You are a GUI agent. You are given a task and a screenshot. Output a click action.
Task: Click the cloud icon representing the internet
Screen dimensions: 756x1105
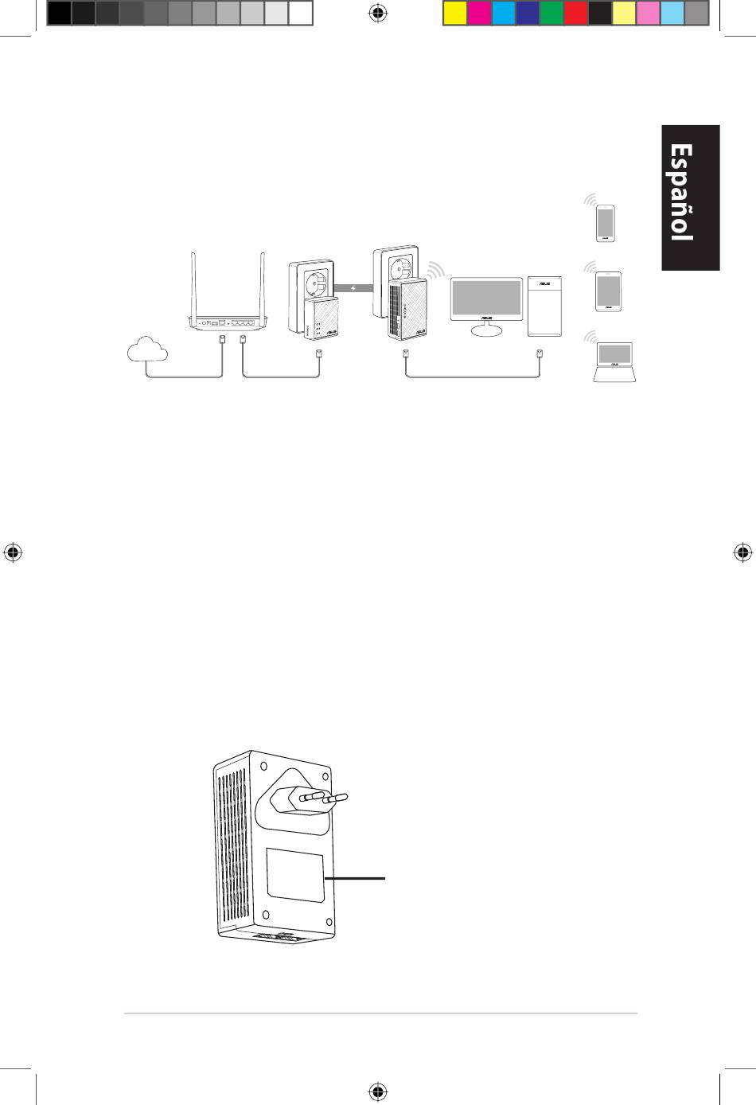point(147,349)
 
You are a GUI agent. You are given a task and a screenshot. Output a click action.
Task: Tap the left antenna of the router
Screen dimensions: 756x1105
point(194,285)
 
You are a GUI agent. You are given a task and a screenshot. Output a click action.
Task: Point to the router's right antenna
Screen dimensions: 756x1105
point(263,285)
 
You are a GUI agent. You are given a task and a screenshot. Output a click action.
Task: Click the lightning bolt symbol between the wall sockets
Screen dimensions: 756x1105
point(353,288)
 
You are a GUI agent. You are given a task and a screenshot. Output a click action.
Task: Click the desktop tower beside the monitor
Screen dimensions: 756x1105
point(544,307)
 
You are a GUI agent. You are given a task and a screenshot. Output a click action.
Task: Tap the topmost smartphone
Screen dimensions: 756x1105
point(606,224)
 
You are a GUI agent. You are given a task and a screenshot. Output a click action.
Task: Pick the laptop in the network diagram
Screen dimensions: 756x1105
point(614,361)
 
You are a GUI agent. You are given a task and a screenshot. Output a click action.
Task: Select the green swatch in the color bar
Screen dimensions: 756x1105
point(551,14)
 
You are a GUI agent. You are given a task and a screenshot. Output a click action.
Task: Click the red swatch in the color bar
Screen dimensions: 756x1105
point(576,14)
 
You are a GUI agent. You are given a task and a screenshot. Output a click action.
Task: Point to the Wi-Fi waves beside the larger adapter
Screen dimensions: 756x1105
point(435,271)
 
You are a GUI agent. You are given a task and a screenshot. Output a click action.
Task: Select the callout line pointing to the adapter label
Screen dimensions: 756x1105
point(355,878)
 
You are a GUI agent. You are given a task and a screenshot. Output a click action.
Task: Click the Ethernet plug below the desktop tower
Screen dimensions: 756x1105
point(540,354)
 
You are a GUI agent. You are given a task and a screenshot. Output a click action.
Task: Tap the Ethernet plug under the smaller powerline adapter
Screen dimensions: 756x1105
point(319,354)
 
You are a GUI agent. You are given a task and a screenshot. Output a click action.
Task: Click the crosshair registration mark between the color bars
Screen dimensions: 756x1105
point(378,14)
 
